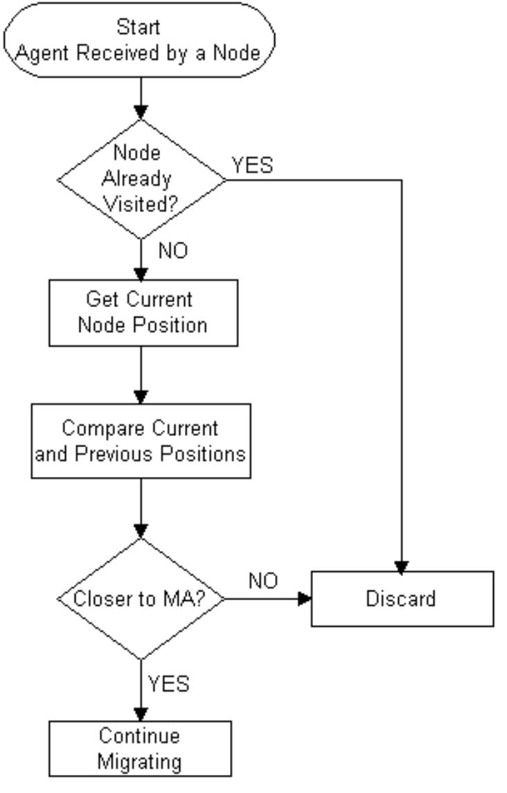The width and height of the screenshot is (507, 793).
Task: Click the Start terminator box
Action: [140, 40]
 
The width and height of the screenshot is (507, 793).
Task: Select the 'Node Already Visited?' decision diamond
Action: [141, 180]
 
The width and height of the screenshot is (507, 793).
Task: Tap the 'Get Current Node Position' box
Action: [143, 313]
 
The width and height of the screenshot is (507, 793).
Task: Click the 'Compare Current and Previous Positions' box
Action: [141, 441]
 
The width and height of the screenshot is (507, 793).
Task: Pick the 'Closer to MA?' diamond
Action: [141, 599]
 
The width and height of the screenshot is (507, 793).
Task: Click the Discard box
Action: [402, 599]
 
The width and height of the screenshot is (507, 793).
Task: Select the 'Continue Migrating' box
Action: [140, 749]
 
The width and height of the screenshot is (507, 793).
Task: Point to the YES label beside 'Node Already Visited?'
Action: [252, 166]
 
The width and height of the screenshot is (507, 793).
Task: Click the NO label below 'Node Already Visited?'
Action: [172, 252]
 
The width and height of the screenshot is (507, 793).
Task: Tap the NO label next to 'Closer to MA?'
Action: [263, 582]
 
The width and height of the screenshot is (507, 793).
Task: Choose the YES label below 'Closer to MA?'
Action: [168, 683]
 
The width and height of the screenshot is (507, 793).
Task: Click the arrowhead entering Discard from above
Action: [402, 564]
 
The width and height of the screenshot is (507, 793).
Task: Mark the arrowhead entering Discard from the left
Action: [304, 599]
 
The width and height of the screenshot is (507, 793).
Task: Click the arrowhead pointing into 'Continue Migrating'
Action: [141, 714]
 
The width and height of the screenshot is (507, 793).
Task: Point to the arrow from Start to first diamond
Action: [141, 97]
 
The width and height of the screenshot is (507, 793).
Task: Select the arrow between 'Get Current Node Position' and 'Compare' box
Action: [141, 374]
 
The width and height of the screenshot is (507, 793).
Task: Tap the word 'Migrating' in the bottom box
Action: [139, 761]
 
